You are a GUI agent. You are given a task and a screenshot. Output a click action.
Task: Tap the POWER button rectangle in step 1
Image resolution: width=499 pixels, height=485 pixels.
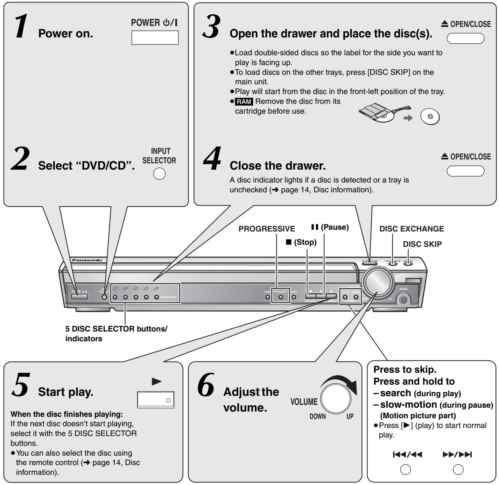pyautogui.click(x=155, y=37)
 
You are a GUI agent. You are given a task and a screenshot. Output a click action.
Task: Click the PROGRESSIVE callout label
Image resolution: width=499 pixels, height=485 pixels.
pyautogui.click(x=267, y=229)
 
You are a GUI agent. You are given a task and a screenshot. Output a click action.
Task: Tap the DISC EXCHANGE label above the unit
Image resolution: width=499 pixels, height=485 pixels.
pyautogui.click(x=412, y=229)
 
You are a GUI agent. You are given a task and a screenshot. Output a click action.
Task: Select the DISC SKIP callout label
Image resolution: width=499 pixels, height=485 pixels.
pyautogui.click(x=422, y=244)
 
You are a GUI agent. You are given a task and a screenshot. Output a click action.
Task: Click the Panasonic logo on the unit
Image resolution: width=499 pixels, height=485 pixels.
pyautogui.click(x=87, y=260)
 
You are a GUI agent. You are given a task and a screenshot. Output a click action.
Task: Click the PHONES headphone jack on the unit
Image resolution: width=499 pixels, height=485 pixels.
pyautogui.click(x=403, y=299)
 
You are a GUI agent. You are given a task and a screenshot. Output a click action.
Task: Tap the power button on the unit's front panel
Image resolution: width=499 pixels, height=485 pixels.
pyautogui.click(x=79, y=297)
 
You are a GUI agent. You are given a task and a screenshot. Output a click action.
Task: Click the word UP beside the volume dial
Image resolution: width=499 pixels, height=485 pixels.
pyautogui.click(x=350, y=416)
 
